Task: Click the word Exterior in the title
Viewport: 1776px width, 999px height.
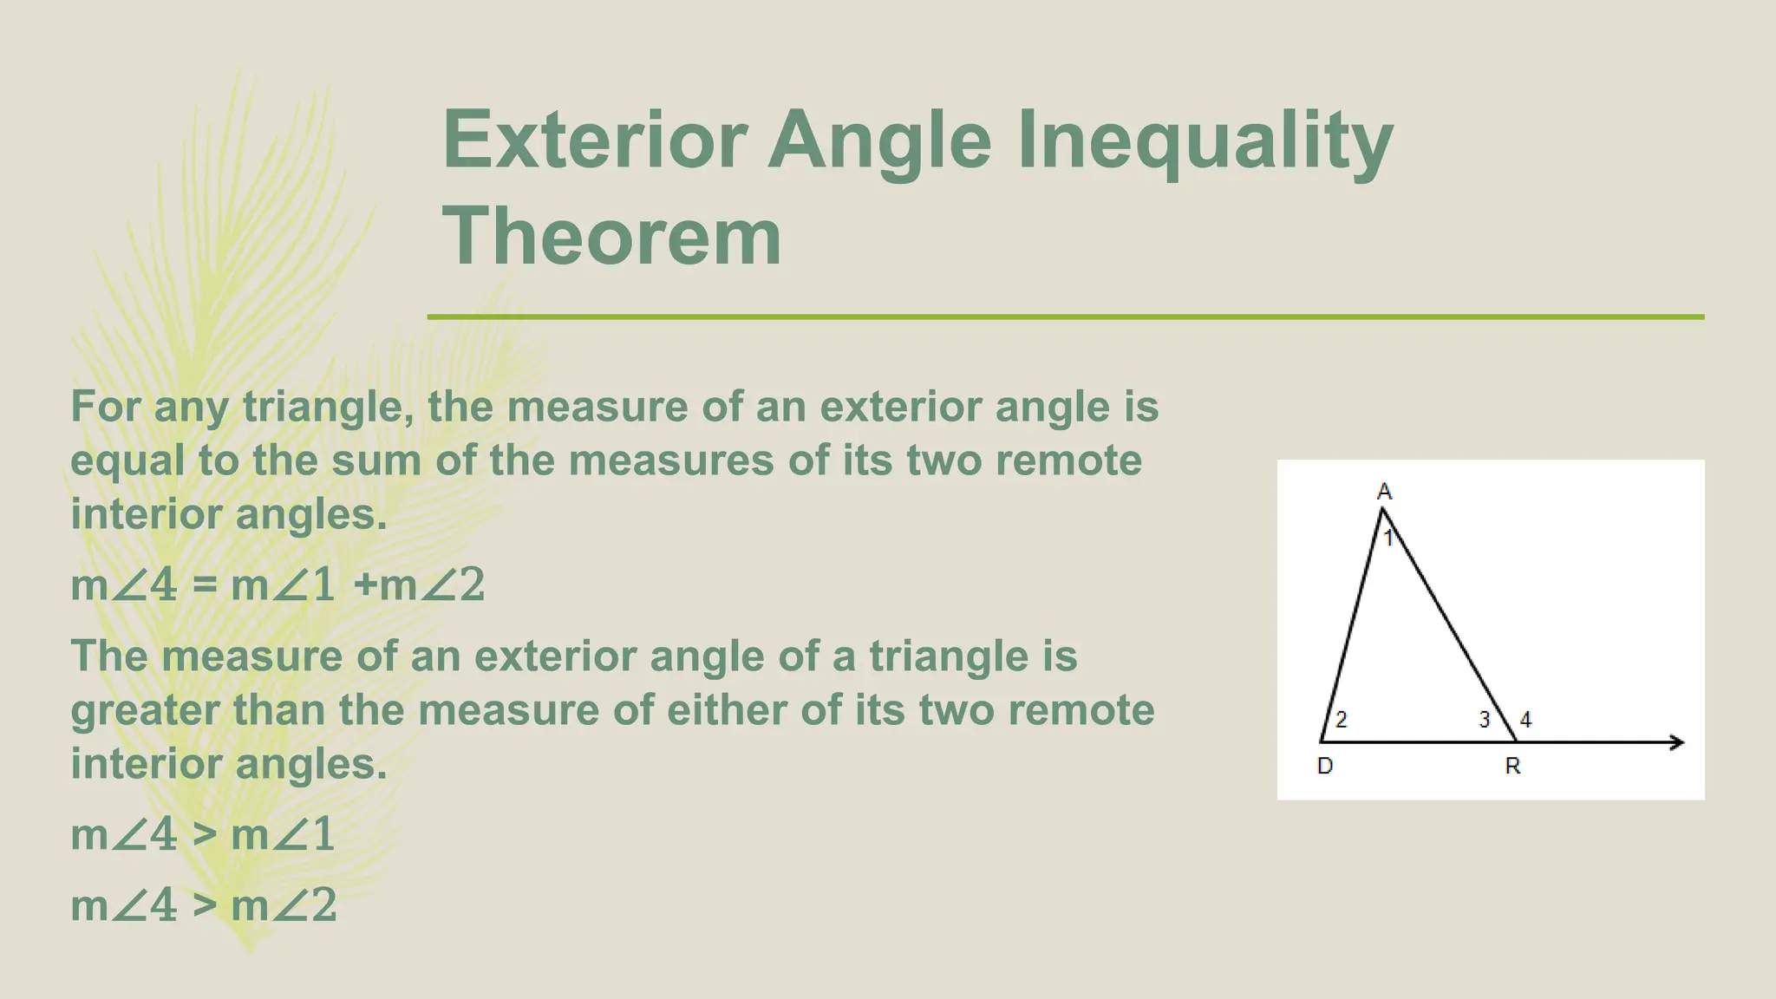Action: tap(595, 140)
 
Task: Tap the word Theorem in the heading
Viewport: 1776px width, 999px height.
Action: tap(612, 236)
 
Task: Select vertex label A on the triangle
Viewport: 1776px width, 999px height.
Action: tap(1384, 492)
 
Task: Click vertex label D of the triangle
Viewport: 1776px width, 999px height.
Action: tap(1324, 766)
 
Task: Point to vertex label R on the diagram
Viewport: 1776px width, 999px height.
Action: tap(1512, 766)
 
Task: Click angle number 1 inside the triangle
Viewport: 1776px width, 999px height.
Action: tap(1388, 539)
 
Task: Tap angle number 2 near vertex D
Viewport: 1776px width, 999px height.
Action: tap(1341, 719)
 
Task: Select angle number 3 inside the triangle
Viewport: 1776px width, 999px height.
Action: tap(1484, 719)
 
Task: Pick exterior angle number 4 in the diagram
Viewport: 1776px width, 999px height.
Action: tap(1525, 719)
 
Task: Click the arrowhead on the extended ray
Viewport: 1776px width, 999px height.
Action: tap(1677, 742)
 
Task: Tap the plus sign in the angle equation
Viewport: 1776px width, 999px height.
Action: tap(366, 584)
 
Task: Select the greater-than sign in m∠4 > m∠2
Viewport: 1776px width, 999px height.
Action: tap(204, 906)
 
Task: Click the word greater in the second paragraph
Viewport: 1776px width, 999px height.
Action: tap(145, 711)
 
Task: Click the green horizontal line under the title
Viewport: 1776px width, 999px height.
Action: tap(1065, 317)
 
